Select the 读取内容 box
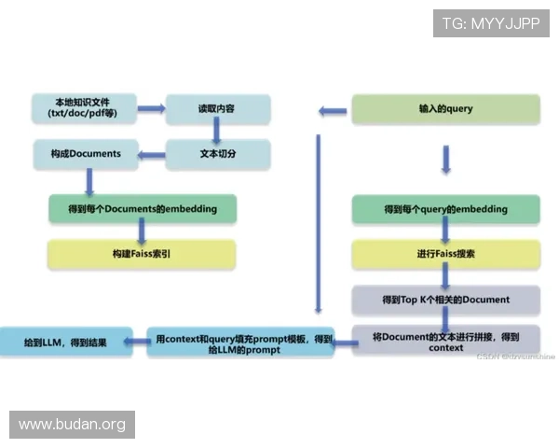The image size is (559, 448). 218,108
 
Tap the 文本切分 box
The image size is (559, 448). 218,154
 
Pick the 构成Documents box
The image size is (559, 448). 85,154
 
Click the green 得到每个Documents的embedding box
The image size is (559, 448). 143,208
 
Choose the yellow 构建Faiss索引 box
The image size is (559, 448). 142,254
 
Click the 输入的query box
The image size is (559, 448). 445,109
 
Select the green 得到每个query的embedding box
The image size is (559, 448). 445,209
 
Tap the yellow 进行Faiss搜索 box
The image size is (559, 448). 445,254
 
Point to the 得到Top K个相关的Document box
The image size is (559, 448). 445,300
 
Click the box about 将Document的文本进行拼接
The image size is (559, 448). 445,341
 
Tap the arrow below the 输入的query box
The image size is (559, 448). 446,159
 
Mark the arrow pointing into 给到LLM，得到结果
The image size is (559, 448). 136,343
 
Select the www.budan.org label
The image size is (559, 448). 73,425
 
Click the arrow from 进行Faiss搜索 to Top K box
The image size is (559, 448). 446,276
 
